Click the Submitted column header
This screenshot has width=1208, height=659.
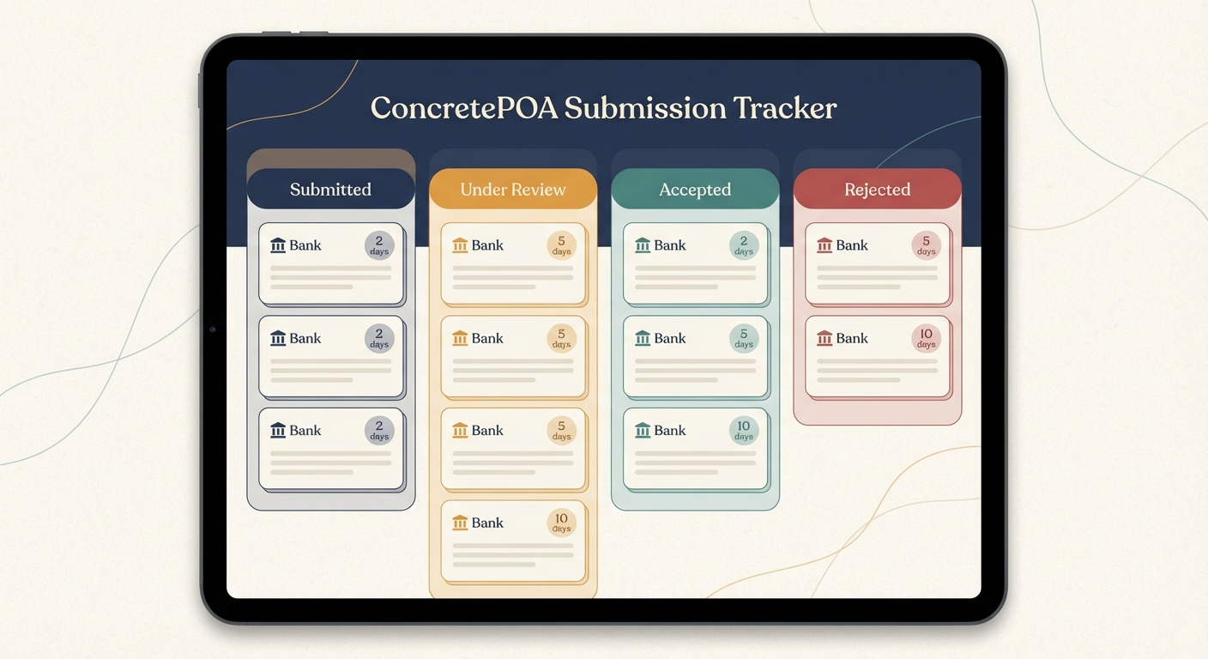pyautogui.click(x=330, y=190)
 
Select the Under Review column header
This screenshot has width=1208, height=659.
pyautogui.click(x=512, y=190)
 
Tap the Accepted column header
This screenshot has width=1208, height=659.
pyautogui.click(x=695, y=190)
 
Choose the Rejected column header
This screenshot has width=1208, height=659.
pyautogui.click(x=877, y=190)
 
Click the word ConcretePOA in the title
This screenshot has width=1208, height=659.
pyautogui.click(x=463, y=108)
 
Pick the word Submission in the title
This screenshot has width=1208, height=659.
pyautogui.click(x=644, y=108)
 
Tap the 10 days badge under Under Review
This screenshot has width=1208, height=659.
pyautogui.click(x=561, y=523)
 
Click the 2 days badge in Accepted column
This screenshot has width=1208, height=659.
pyautogui.click(x=744, y=245)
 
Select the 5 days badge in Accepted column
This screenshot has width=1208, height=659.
pyautogui.click(x=744, y=338)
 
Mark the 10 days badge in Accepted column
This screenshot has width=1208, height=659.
pyautogui.click(x=744, y=430)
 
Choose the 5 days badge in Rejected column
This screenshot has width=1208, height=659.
pyautogui.click(x=926, y=245)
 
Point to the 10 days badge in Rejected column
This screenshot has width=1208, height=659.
pyautogui.click(x=926, y=338)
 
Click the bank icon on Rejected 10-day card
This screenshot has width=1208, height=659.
pyautogui.click(x=824, y=338)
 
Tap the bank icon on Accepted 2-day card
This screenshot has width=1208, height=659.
pyautogui.click(x=643, y=245)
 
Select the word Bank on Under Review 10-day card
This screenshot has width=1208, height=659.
pyautogui.click(x=487, y=523)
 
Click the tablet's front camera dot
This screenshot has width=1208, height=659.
pyautogui.click(x=213, y=329)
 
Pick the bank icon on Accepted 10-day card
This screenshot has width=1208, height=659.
pyautogui.click(x=643, y=431)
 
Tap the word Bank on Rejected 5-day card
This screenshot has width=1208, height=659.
pyautogui.click(x=852, y=245)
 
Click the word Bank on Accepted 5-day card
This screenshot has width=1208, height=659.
pyautogui.click(x=670, y=338)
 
